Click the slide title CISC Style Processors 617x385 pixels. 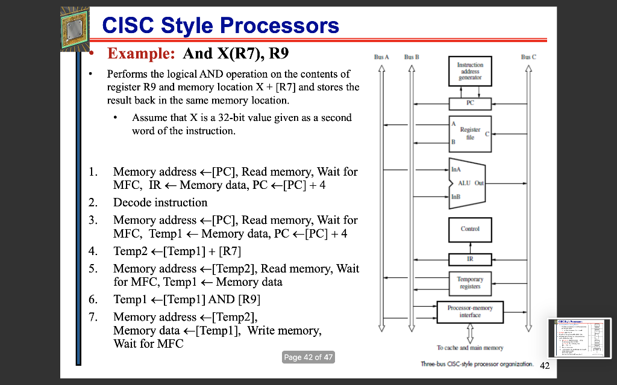coord(221,26)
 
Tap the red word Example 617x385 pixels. coord(141,54)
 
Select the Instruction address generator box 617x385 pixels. coord(469,71)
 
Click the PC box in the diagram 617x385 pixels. coord(469,103)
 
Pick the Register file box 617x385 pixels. coord(469,134)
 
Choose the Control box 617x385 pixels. coord(469,229)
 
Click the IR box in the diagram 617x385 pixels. coord(469,259)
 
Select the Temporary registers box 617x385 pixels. coord(469,283)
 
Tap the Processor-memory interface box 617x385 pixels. coord(469,311)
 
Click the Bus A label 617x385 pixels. coord(381,57)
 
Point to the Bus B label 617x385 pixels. coord(412,57)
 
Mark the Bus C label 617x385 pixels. coord(528,57)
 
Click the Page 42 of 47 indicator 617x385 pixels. coord(308,357)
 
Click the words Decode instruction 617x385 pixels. coord(160,203)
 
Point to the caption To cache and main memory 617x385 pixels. coord(469,348)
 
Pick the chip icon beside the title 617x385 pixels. coord(74,29)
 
